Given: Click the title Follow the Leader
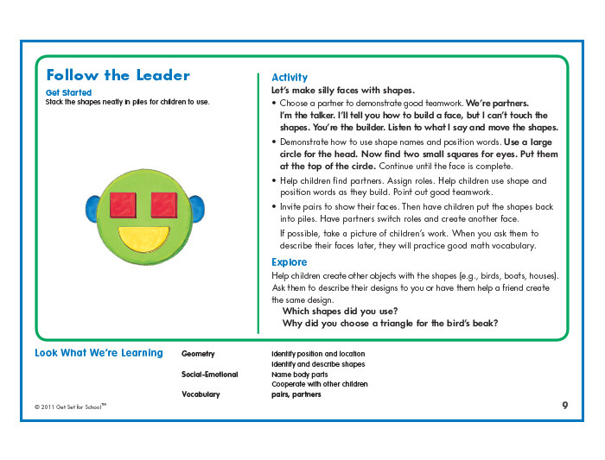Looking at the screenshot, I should coord(118,75).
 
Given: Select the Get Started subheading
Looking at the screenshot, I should coord(68,92).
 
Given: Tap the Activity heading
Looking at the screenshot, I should coord(289,78).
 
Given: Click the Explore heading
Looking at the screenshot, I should coord(289,262).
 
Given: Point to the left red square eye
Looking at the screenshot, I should coord(124,205).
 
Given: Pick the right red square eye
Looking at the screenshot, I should coord(164,205).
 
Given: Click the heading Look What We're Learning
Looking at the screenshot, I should coord(99,353).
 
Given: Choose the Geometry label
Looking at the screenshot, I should coord(198,354).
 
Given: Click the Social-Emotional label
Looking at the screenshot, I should coord(207,375).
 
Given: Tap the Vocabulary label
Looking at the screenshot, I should coord(201,394).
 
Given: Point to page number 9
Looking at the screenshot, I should coord(564,405).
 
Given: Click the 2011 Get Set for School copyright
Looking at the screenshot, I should coord(70,406).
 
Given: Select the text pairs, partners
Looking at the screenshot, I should coord(296,394).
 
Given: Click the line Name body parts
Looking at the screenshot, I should coord(306,375).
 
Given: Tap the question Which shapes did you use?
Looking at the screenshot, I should coord(341,312).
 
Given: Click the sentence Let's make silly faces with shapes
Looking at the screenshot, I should coord(343,91).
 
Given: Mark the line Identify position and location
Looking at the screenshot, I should coord(318,354).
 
